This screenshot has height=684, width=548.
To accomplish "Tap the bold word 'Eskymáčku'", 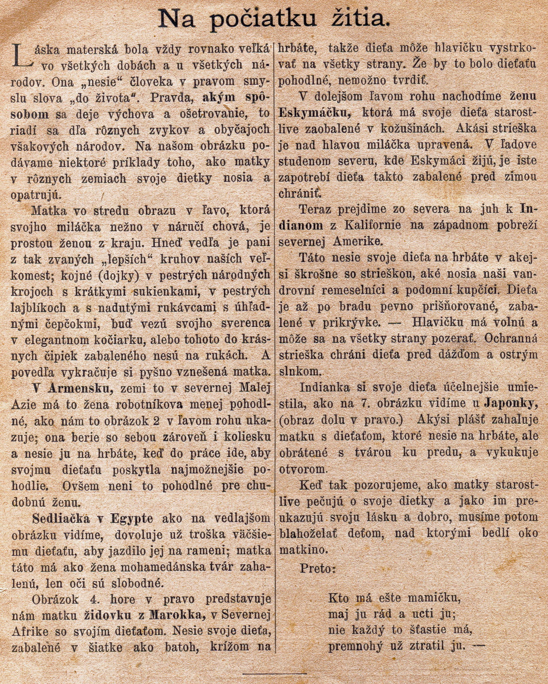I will click(314, 113).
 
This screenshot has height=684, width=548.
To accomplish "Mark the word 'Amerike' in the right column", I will click(357, 241).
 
